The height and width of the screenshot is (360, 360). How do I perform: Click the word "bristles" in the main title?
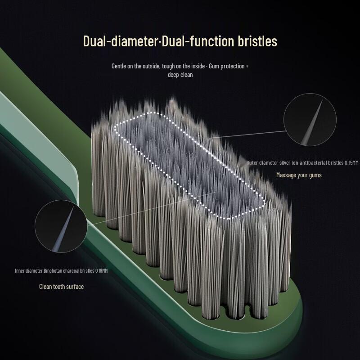click(257, 41)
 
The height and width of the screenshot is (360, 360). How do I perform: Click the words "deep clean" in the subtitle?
click(180, 75)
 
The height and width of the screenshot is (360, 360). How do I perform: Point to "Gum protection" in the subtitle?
click(227, 66)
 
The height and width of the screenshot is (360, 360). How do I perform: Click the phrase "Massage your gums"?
click(299, 175)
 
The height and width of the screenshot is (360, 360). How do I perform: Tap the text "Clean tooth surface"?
click(61, 287)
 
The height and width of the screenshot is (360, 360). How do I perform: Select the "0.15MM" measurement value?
click(351, 162)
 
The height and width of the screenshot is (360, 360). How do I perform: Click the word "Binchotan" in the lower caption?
click(53, 271)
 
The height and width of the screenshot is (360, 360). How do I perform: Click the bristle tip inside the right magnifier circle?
click(322, 100)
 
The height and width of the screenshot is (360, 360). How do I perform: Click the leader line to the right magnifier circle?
click(247, 135)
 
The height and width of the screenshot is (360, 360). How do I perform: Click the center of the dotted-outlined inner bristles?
click(189, 165)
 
